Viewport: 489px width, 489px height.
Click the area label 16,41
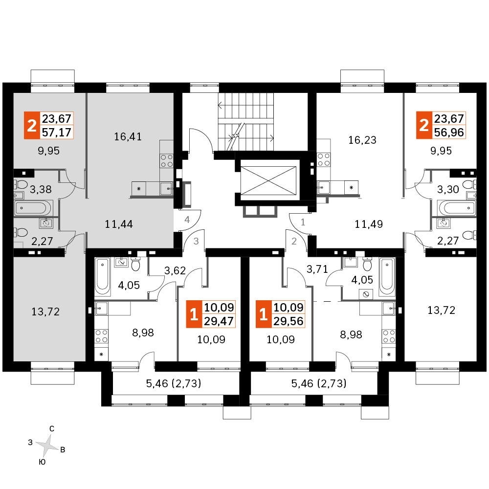(x=128, y=136)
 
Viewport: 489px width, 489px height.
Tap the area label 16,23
(x=362, y=140)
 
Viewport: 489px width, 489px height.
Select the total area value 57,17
(x=57, y=132)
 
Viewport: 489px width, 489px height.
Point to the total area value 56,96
(x=449, y=132)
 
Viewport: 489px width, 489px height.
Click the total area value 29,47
(x=219, y=321)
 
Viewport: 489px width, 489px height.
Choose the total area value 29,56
(x=289, y=321)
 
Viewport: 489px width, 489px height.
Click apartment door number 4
(x=187, y=220)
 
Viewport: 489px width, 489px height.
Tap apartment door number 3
(x=196, y=241)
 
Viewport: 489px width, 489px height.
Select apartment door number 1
(x=303, y=222)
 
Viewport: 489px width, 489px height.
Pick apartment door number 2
(x=294, y=241)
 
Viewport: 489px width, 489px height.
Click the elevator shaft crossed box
(x=268, y=181)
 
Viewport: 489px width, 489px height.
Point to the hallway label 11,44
(x=119, y=224)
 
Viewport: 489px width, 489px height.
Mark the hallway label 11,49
(x=369, y=224)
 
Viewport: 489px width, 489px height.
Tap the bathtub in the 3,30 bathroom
(x=457, y=208)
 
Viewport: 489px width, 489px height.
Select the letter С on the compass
(x=52, y=429)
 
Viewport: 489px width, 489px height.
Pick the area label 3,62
(x=175, y=270)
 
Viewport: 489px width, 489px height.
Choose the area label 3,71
(x=317, y=269)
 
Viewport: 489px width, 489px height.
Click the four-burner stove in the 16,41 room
(x=167, y=161)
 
